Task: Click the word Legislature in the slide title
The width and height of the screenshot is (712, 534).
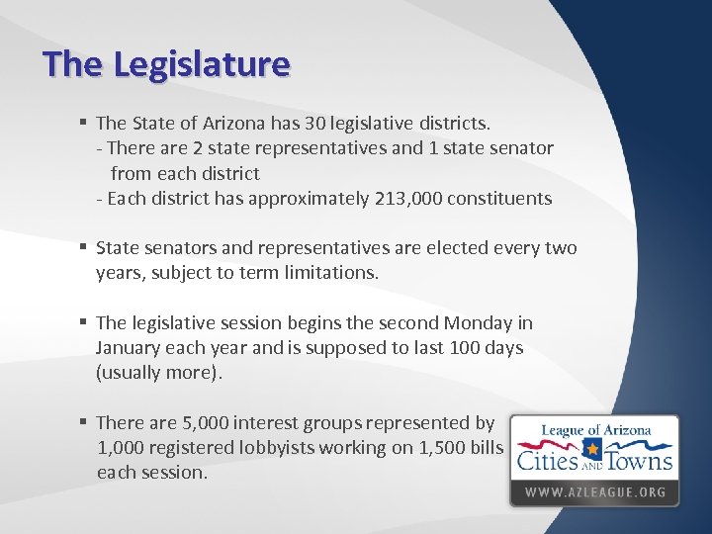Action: click(202, 64)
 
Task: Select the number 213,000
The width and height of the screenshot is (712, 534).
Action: click(408, 198)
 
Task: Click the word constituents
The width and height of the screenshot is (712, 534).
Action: click(499, 198)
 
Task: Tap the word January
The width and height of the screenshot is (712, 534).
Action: click(129, 348)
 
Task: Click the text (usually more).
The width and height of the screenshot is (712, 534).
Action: click(159, 373)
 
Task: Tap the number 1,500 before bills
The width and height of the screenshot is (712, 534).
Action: click(442, 447)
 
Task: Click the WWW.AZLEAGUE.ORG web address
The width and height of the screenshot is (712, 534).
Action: click(594, 491)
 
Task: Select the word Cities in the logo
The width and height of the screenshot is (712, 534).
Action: click(551, 460)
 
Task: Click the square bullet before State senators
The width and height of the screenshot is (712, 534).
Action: click(85, 247)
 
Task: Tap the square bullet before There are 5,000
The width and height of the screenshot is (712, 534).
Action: click(85, 422)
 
